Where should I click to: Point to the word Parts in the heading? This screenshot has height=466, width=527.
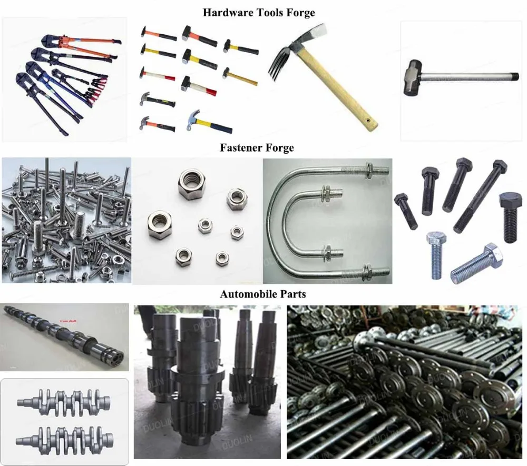[292, 294]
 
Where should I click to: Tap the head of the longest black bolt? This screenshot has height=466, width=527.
[499, 167]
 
